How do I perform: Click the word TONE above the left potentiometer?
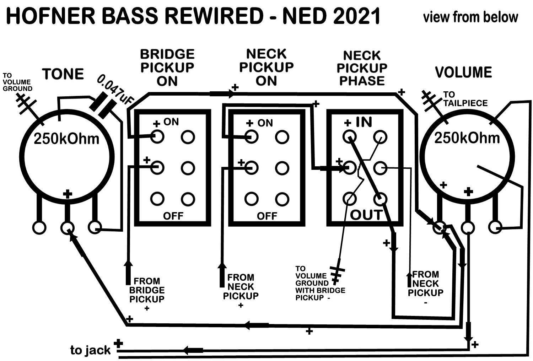63,74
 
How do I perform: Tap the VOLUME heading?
463,72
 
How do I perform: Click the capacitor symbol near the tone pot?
103,106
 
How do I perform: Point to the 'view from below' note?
470,17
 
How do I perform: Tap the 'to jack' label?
90,350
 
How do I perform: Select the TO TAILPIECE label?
465,99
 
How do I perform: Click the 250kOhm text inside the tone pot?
66,139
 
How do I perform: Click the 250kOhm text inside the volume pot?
467,138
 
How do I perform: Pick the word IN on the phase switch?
364,122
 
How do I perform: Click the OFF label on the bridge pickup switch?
173,216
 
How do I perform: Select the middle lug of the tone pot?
68,228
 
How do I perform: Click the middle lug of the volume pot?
468,228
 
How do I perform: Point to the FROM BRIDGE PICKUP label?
147,290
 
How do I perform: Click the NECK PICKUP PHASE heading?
362,68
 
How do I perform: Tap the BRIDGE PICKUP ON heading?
167,68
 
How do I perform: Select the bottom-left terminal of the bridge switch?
157,199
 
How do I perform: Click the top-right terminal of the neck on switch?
282,137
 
